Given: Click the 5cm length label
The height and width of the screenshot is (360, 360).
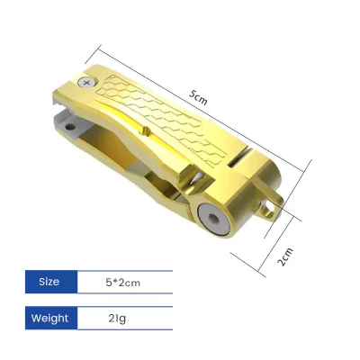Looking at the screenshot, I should (x=198, y=100).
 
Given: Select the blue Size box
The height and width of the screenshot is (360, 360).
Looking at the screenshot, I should (x=49, y=282).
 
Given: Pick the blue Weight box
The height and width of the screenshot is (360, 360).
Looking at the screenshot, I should (x=49, y=318).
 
